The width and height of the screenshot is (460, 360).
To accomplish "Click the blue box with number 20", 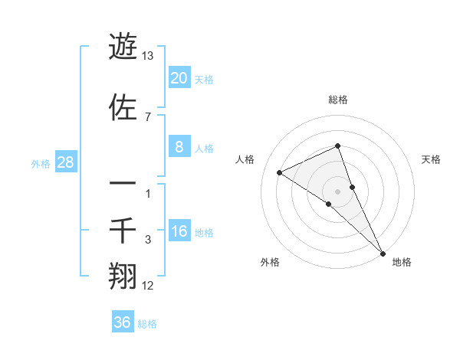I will click(x=179, y=78).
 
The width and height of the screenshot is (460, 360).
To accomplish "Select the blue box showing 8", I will click(x=179, y=147).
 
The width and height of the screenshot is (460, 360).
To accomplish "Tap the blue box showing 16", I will click(x=179, y=231).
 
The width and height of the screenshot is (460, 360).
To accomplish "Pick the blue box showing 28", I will click(x=65, y=162).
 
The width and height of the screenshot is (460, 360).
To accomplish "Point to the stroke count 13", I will click(x=148, y=56).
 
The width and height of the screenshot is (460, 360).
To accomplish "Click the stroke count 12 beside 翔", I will click(x=148, y=286).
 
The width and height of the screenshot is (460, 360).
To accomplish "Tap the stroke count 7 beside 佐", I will click(x=147, y=116).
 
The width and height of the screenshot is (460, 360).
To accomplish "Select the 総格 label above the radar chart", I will click(x=338, y=100).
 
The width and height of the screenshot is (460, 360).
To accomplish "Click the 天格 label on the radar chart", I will click(x=431, y=159).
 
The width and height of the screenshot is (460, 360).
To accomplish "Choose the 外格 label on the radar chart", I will click(x=270, y=262).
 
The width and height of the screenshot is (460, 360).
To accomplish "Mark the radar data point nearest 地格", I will click(x=383, y=252).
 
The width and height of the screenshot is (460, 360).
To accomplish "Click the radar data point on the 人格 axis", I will click(x=280, y=172).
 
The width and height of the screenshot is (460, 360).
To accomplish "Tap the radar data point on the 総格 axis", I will click(x=338, y=146).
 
